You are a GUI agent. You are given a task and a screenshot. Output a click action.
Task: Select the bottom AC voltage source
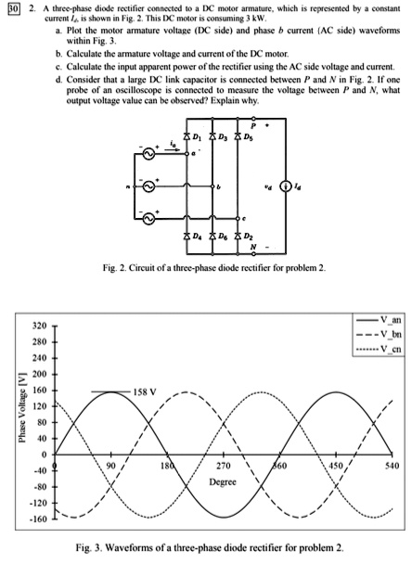(142, 222)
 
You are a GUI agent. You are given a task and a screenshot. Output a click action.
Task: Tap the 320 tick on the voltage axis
(41, 327)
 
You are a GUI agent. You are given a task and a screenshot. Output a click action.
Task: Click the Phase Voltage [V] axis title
(14, 417)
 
